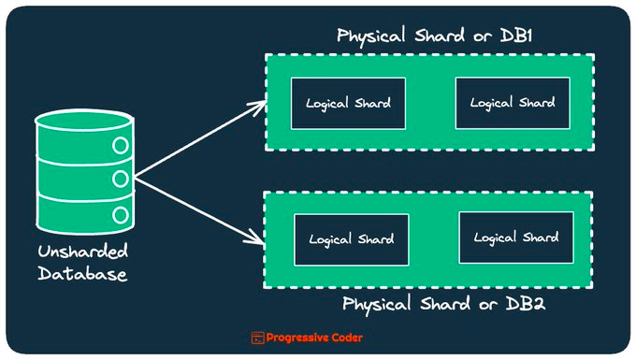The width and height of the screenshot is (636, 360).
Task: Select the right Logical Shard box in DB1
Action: point(512,103)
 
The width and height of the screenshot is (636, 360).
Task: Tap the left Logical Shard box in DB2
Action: point(351,238)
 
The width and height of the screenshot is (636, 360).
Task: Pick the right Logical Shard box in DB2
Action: point(515,238)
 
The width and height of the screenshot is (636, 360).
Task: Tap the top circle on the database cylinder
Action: point(120,146)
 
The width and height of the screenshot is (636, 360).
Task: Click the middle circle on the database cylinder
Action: point(120,180)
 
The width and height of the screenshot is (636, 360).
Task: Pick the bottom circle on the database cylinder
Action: point(120,214)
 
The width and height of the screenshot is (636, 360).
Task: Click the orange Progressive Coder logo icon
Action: point(258,338)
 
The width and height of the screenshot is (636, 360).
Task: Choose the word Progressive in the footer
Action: point(298,338)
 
